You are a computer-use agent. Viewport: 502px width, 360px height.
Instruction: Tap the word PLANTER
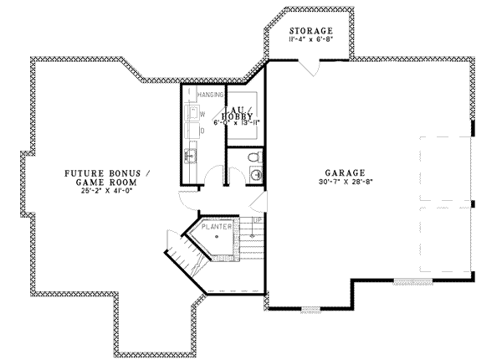coord(217,226)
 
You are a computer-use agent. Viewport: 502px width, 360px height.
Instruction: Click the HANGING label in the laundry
coord(208,95)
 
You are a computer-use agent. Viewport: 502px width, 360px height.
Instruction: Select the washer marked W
coord(192,112)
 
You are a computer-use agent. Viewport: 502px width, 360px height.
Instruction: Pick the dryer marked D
coord(192,131)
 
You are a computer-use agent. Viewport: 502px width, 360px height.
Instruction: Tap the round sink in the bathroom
coord(254,175)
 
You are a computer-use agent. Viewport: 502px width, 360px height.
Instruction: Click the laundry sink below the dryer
coord(191,154)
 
